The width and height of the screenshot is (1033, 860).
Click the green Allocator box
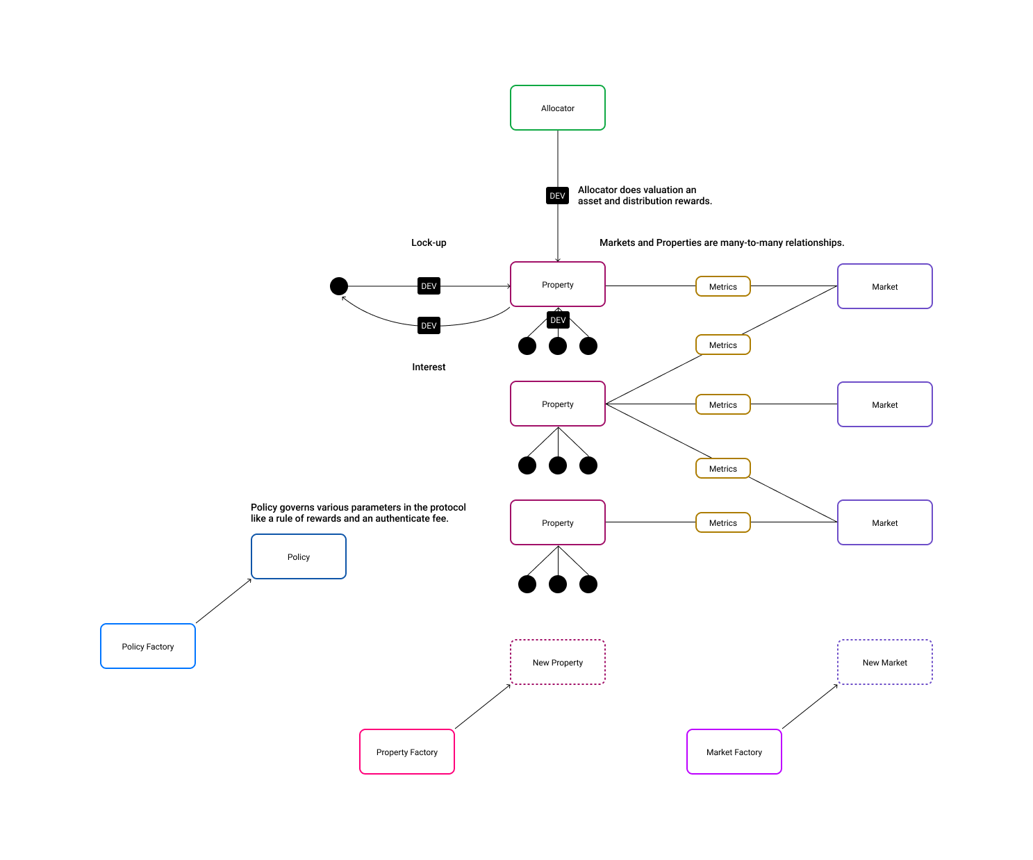coord(558,108)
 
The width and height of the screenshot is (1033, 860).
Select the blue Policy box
coord(299,556)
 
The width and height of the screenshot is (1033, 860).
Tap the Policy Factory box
coord(148,646)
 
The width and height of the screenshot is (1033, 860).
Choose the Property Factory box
coord(407,752)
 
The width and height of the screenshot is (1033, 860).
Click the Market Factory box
coord(734,752)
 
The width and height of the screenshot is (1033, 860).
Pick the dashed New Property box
coord(558,662)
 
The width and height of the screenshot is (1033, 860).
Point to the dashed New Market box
coord(885,662)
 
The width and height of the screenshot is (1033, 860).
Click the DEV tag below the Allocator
coord(557,196)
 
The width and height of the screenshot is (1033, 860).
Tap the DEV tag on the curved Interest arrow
coord(429,326)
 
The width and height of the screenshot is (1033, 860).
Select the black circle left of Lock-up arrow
coord(339,286)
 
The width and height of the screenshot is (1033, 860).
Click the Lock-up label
coord(429,242)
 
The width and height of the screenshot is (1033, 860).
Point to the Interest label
coord(429,367)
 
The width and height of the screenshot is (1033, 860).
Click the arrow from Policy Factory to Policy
coord(224,601)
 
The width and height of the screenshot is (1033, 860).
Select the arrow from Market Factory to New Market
coord(810,706)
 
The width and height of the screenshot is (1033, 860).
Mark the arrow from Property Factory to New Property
coord(483,706)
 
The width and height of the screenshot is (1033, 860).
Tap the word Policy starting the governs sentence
coord(264,507)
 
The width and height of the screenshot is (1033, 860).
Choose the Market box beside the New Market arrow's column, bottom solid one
coord(885,522)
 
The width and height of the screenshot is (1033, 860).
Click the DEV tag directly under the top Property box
coord(558,320)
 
